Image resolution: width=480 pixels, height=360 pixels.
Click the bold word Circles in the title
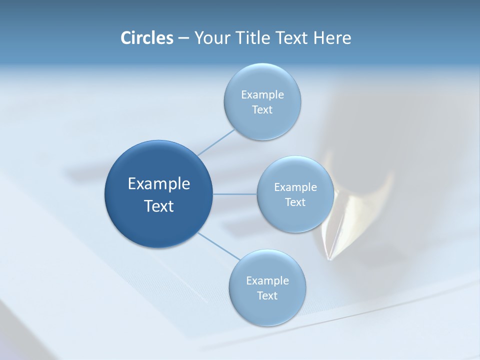coord(146,38)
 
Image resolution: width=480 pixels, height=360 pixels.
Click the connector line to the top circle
coord(216,142)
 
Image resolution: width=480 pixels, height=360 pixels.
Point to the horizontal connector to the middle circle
coord(235,194)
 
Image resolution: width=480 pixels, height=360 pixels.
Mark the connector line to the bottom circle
coord(218,246)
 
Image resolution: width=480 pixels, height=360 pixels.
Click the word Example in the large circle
coord(159,184)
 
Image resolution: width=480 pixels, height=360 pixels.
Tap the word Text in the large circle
coord(159,206)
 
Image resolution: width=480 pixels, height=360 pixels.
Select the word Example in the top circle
coord(262,94)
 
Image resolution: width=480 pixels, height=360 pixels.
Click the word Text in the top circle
coord(262,109)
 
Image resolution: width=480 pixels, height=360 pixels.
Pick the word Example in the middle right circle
coord(295,187)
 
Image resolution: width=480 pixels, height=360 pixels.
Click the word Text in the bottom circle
coord(267,295)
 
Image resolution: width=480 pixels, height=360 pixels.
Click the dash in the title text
coord(183,38)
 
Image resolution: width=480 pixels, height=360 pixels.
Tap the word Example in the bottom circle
coord(267,280)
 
